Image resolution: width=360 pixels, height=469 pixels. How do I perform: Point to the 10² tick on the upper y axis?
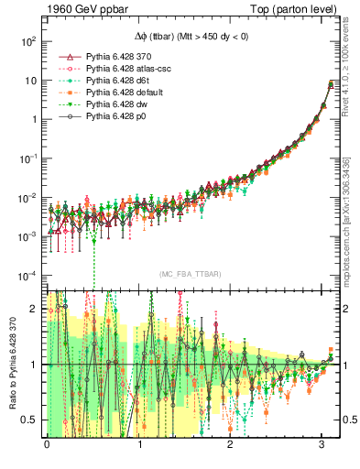(28, 41)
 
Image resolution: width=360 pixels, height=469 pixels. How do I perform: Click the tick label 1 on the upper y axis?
(32, 119)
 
